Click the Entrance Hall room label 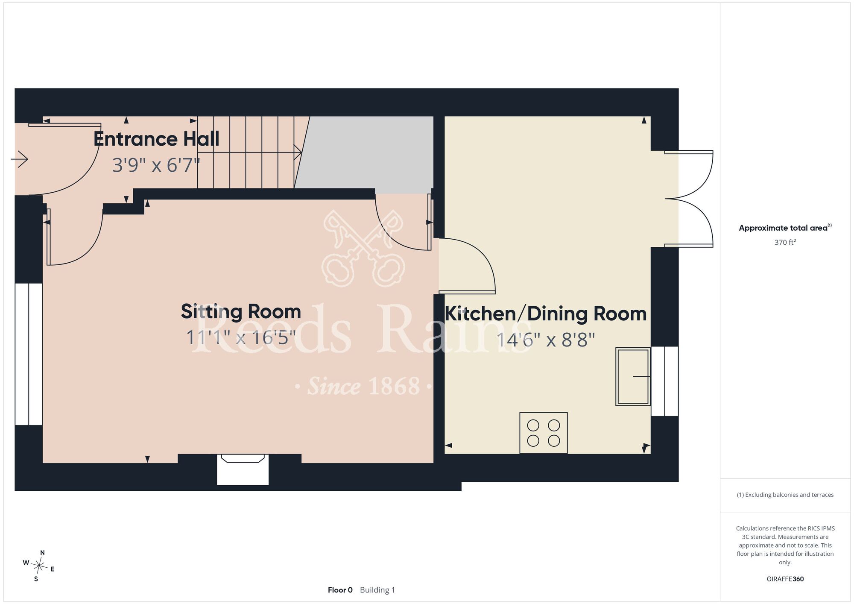click(x=156, y=139)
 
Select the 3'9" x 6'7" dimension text click(x=156, y=165)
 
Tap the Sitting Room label click(x=241, y=311)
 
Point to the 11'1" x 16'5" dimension click(x=241, y=337)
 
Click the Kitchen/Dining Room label click(x=546, y=314)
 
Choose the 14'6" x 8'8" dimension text click(x=546, y=340)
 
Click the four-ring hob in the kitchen click(x=544, y=433)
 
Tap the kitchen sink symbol click(x=633, y=376)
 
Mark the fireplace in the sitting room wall click(x=243, y=469)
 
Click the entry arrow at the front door click(x=19, y=159)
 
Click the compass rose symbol click(x=39, y=566)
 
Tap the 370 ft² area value click(x=785, y=242)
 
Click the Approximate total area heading click(x=785, y=228)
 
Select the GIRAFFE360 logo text click(x=785, y=579)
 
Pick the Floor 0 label click(x=340, y=590)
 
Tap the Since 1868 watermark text click(x=363, y=386)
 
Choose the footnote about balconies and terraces click(x=785, y=495)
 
